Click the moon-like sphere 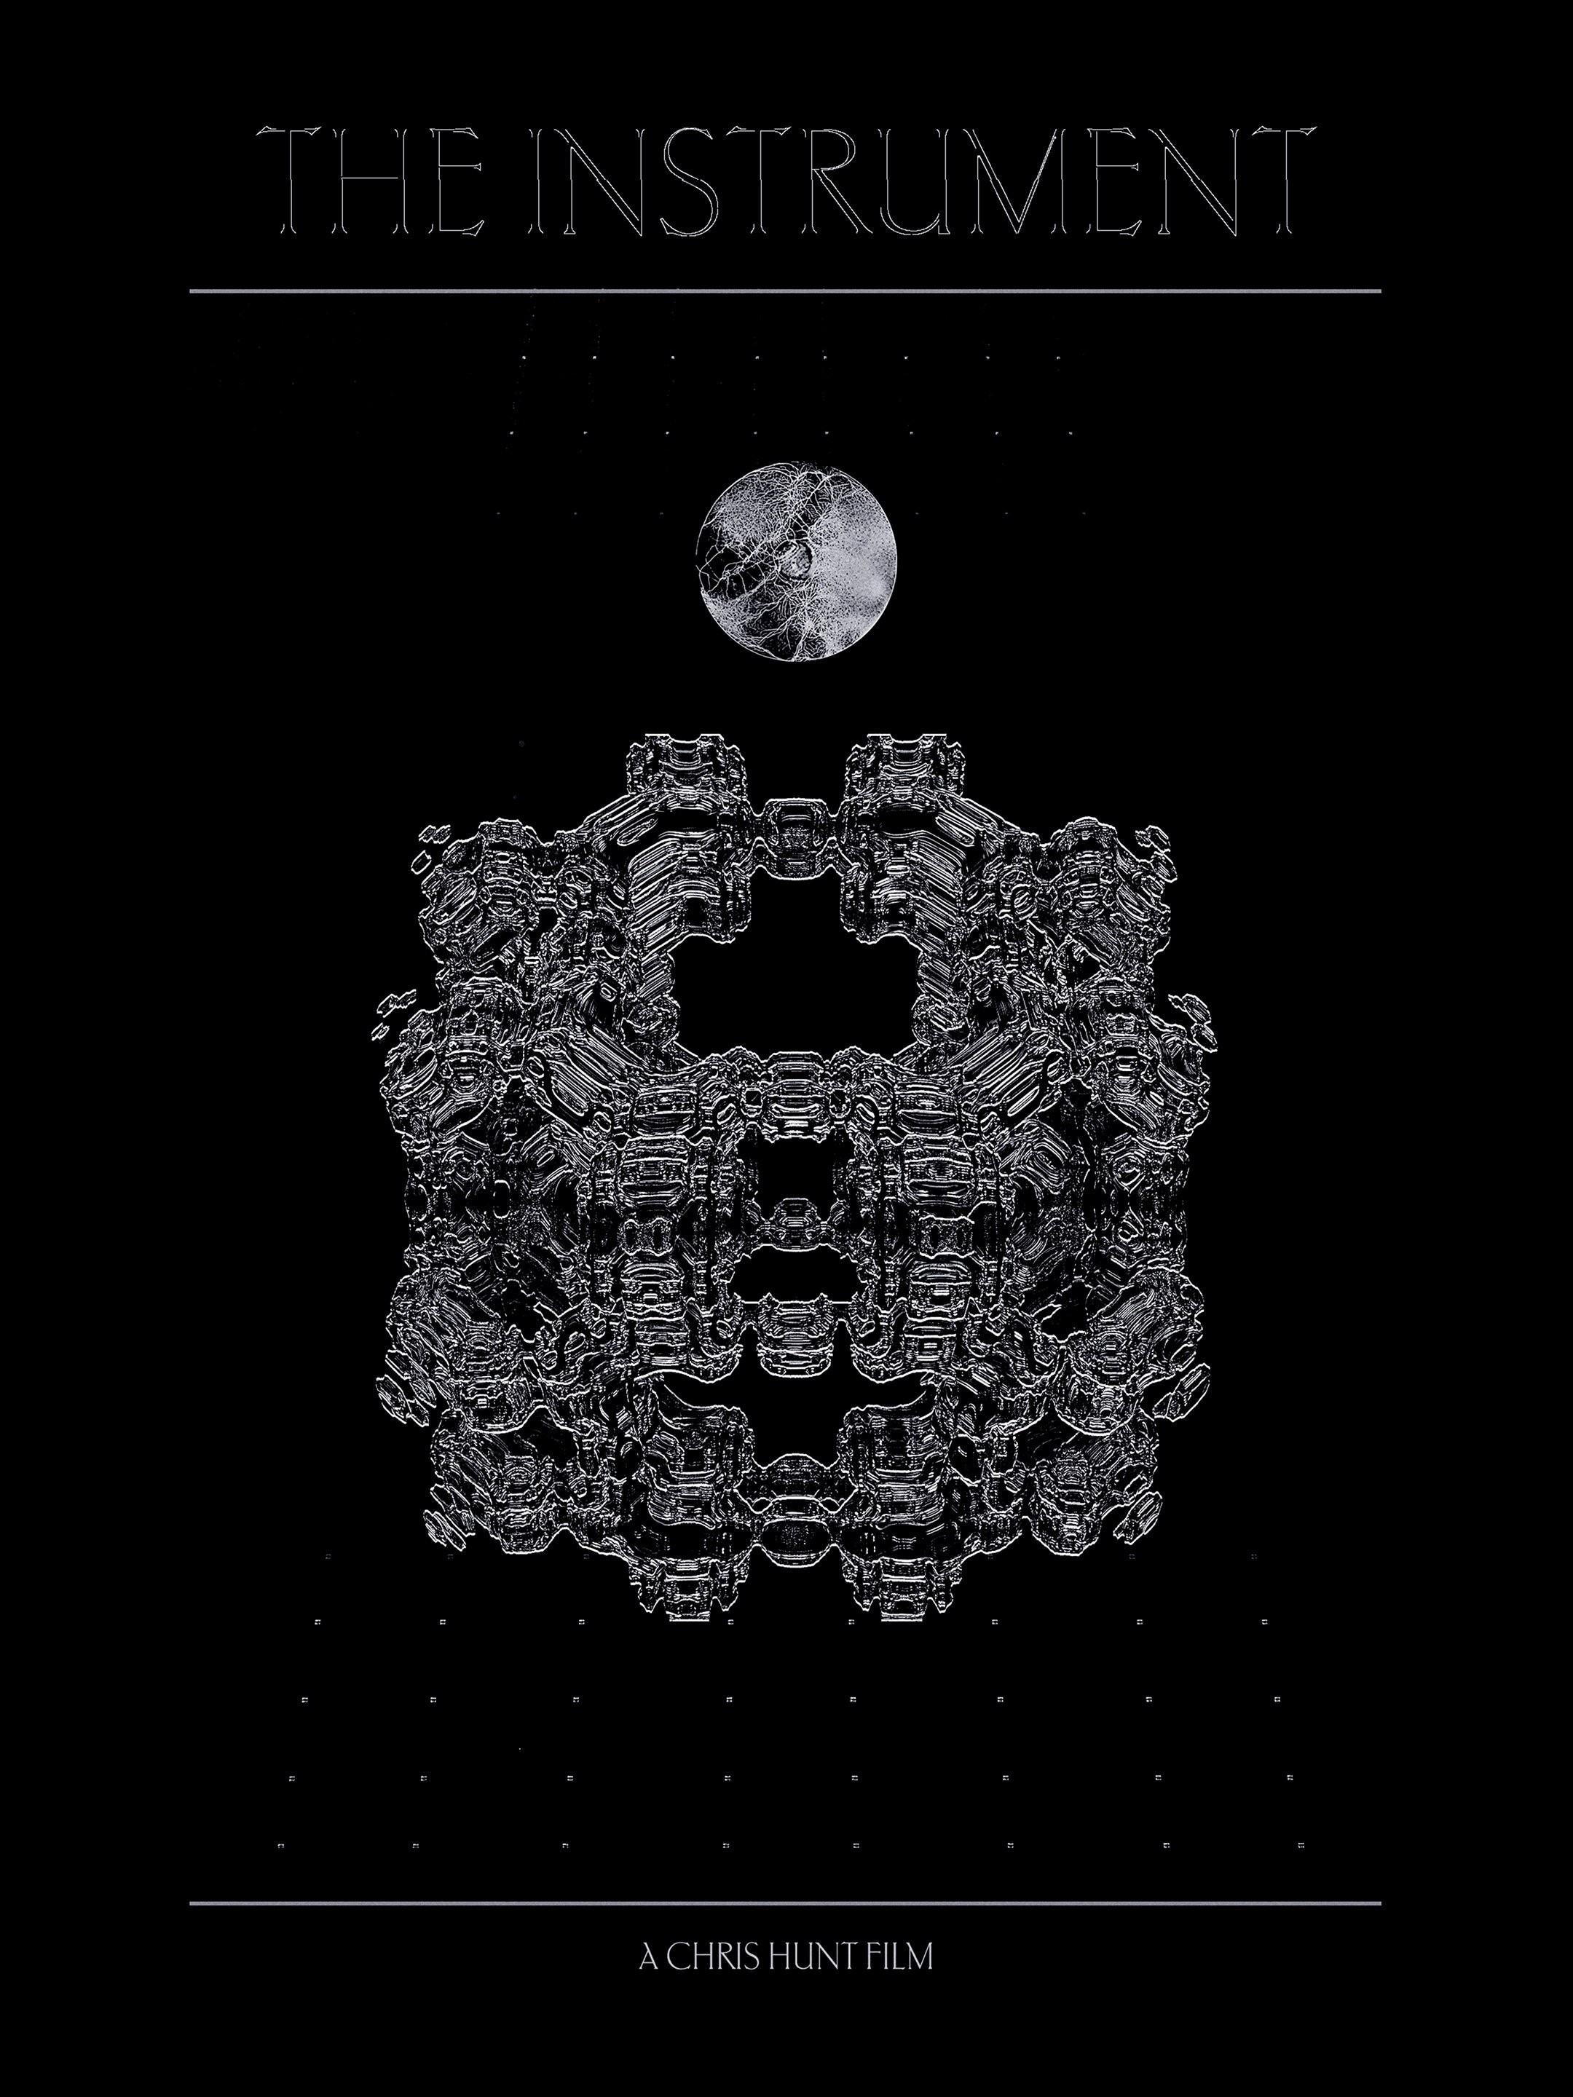click(797, 561)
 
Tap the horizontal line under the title click(785, 291)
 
